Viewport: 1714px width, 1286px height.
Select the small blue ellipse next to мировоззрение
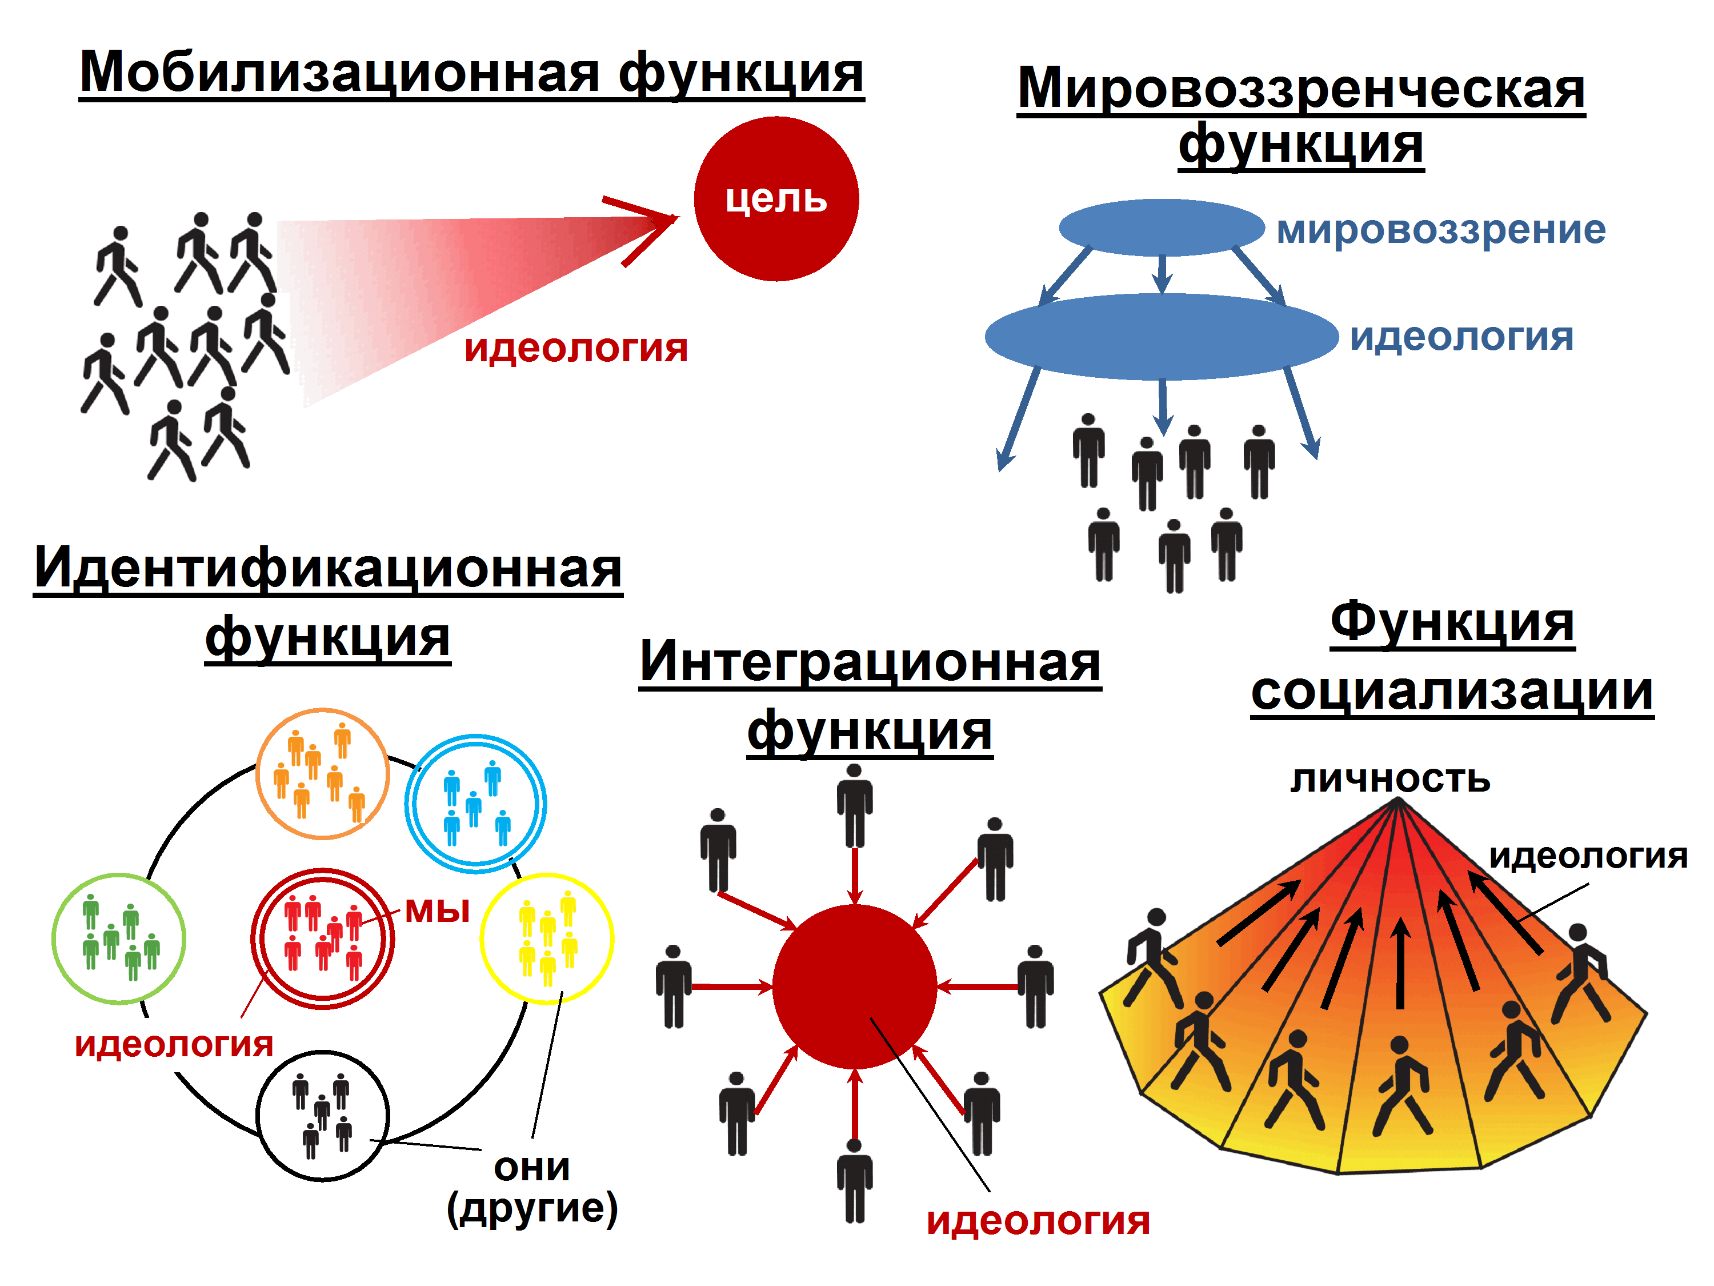click(x=1162, y=227)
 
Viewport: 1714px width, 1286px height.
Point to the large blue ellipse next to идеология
click(x=1162, y=337)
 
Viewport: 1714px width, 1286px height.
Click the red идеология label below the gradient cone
click(x=576, y=348)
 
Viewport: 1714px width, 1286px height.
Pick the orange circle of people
click(x=322, y=774)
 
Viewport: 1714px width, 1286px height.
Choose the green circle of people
click(x=119, y=938)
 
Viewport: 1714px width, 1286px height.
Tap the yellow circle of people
click(x=547, y=938)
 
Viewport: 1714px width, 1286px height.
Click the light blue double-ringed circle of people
click(x=475, y=804)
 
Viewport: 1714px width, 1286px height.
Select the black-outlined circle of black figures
click(x=322, y=1116)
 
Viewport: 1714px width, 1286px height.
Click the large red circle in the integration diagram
click(x=855, y=987)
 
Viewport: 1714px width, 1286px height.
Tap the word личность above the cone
click(x=1390, y=779)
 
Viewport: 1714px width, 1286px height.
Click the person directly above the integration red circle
click(x=855, y=806)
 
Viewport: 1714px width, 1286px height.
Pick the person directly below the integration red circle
click(x=855, y=1181)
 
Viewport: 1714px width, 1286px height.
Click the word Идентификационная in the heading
click(x=328, y=568)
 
